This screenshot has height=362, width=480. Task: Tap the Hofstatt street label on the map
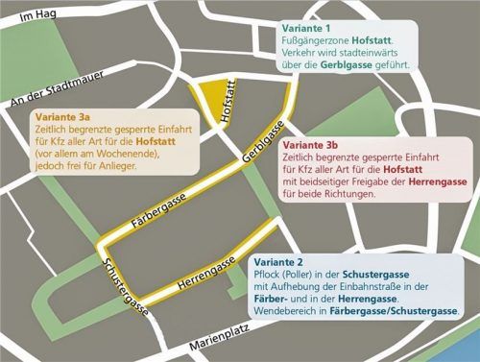tap(228, 103)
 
